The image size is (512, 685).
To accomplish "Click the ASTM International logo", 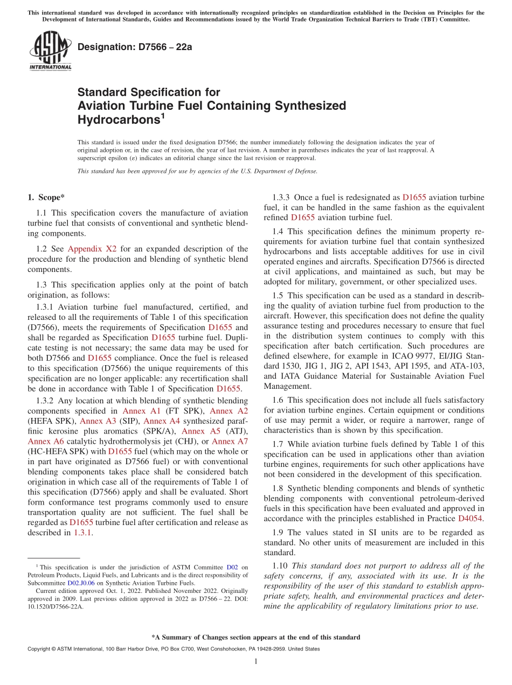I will pyautogui.click(x=50, y=51).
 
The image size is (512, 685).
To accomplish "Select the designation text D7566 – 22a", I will pyautogui.click(x=135, y=47).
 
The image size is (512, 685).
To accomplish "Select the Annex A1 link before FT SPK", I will pyautogui.click(x=138, y=411).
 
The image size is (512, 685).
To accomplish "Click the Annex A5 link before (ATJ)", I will pyautogui.click(x=200, y=431).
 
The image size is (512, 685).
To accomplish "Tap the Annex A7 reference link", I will pyautogui.click(x=230, y=442).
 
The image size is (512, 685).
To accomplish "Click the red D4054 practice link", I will pyautogui.click(x=471, y=519).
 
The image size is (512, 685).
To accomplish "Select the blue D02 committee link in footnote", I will pyautogui.click(x=232, y=567).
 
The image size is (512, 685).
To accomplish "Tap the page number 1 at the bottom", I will pyautogui.click(x=256, y=661).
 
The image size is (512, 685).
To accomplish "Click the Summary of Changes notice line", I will pyautogui.click(x=256, y=637).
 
